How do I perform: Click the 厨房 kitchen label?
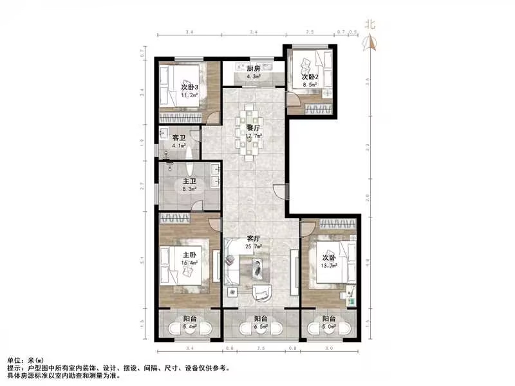pyautogui.click(x=254, y=68)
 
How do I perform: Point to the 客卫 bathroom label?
pyautogui.click(x=179, y=138)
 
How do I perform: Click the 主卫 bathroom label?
pyautogui.click(x=190, y=182)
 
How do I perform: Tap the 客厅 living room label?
pyautogui.click(x=252, y=239)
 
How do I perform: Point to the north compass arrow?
pyautogui.click(x=370, y=42)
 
